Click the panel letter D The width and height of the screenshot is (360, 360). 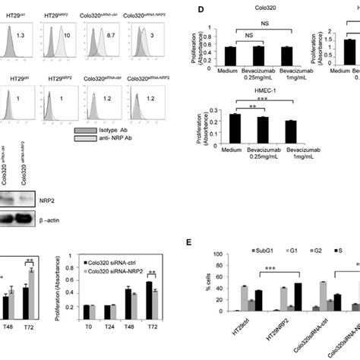pyautogui.click(x=199, y=11)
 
